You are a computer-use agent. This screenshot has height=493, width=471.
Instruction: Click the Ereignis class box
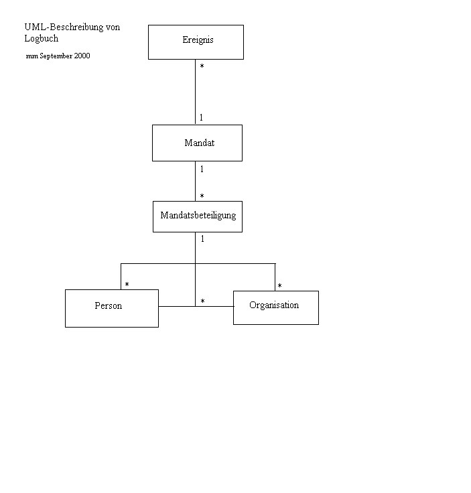tap(196, 42)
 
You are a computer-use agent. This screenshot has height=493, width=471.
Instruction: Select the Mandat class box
tap(197, 143)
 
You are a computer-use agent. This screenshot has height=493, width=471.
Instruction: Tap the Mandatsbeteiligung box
tap(198, 216)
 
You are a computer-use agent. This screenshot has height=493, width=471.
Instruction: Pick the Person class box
tap(112, 308)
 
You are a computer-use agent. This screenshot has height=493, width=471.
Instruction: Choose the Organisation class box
tap(276, 308)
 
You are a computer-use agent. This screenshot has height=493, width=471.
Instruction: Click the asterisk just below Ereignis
tap(202, 66)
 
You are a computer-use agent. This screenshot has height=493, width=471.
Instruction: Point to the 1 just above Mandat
tap(201, 118)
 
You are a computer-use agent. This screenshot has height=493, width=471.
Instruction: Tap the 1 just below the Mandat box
tap(202, 169)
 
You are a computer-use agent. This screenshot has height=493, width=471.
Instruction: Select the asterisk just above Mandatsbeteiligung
tap(202, 196)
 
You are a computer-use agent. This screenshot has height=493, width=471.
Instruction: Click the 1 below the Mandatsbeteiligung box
tap(202, 239)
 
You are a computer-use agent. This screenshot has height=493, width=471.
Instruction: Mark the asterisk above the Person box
tap(127, 285)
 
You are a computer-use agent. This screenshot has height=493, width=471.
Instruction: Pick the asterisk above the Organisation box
tap(279, 286)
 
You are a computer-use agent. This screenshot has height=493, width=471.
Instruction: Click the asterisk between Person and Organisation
tap(202, 301)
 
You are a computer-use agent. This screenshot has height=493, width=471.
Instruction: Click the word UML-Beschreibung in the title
tap(64, 27)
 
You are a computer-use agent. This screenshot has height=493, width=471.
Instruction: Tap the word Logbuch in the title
tap(42, 39)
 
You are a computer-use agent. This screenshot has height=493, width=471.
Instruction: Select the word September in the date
tap(56, 56)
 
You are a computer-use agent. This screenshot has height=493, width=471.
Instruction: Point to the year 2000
tap(82, 56)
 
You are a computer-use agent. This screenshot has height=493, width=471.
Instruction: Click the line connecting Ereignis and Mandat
tap(195, 92)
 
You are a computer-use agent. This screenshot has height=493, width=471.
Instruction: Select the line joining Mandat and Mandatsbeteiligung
tap(195, 181)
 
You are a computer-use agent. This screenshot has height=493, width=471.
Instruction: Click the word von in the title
tap(113, 27)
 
